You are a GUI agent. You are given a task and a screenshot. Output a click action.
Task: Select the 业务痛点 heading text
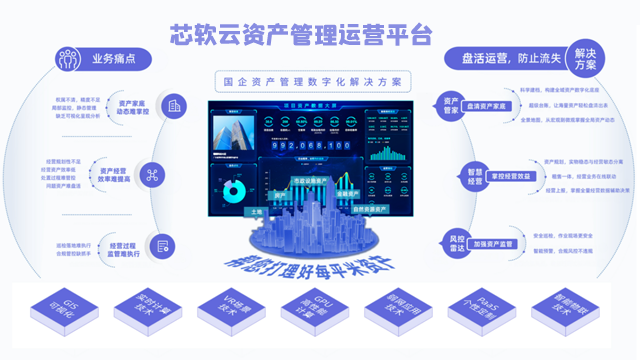click(119, 60)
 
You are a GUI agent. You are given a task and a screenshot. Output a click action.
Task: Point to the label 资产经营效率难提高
click(119, 176)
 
